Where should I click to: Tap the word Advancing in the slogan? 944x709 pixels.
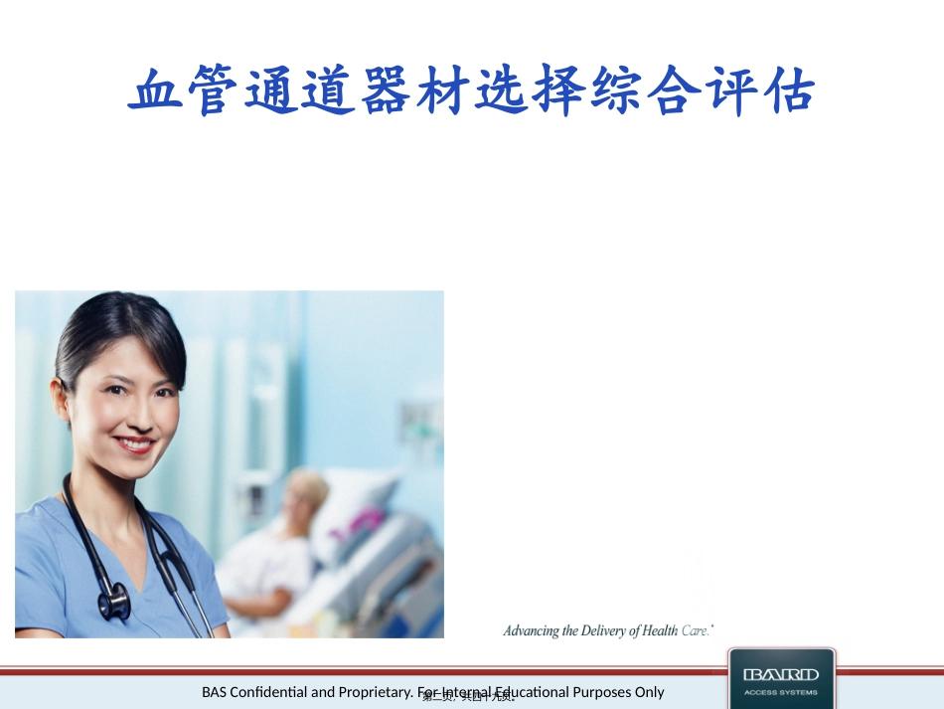pyautogui.click(x=532, y=630)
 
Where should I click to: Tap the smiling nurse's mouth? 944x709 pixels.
pyautogui.click(x=132, y=444)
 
